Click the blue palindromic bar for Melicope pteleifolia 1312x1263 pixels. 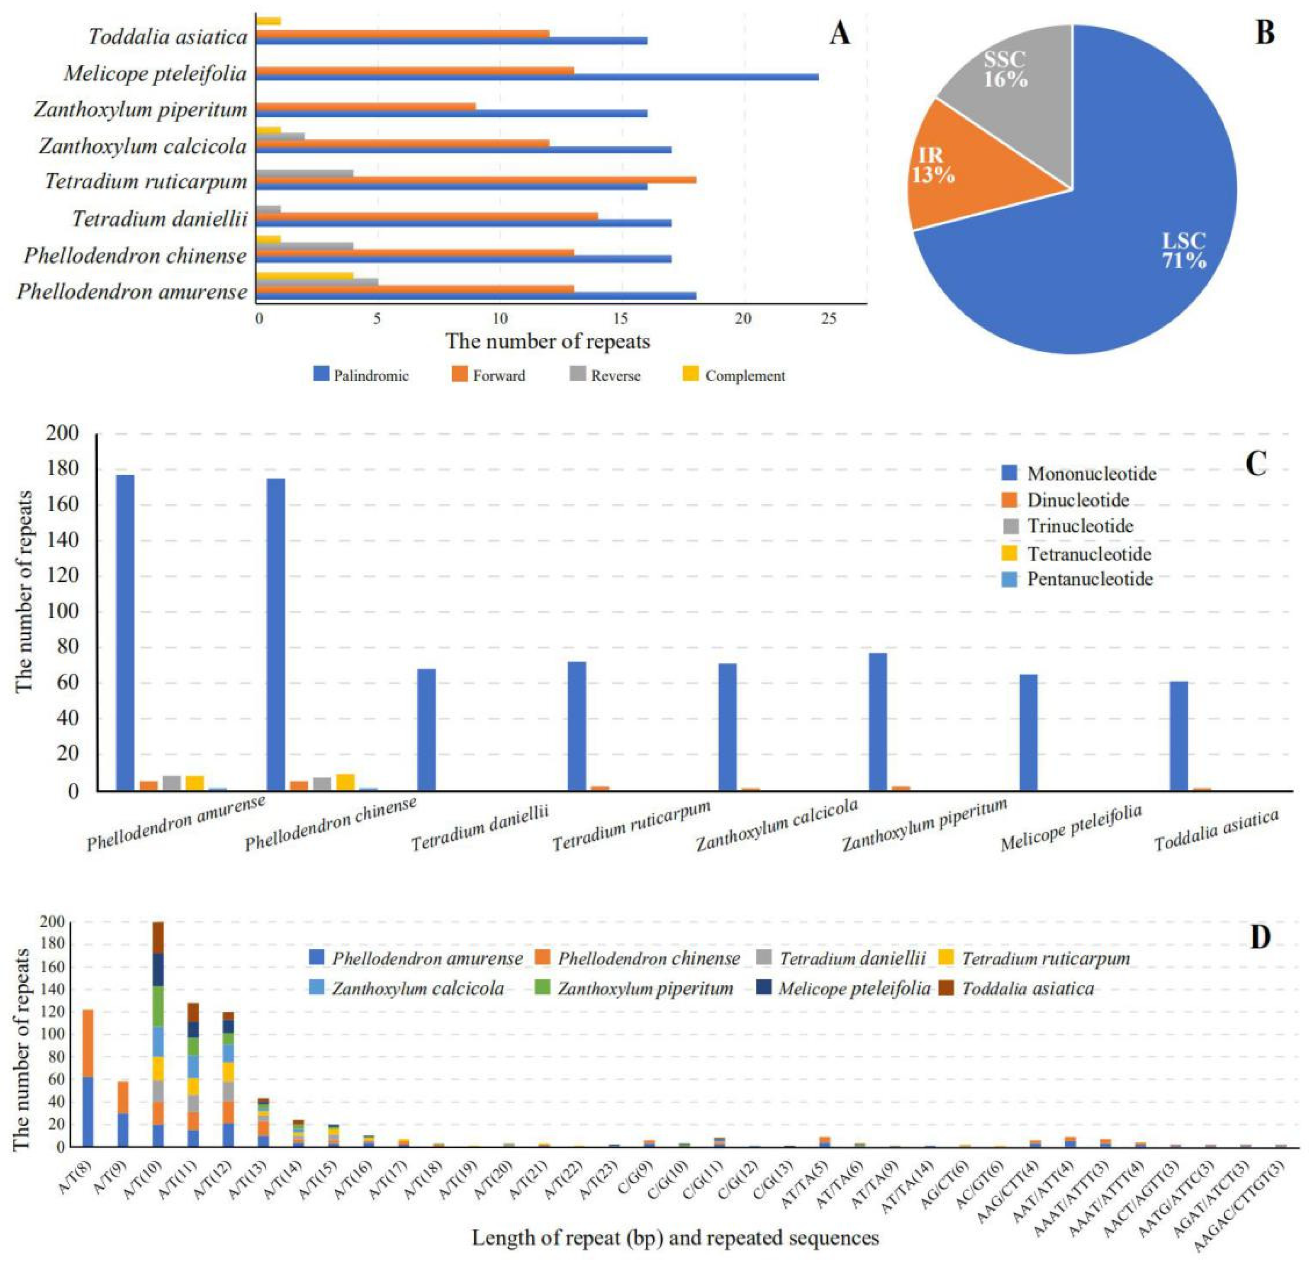coord(536,77)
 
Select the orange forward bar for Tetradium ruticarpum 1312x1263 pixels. coord(475,180)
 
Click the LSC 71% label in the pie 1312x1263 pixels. coord(1183,250)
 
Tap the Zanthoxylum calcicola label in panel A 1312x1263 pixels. coord(143,146)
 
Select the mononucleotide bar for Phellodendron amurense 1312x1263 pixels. coord(125,632)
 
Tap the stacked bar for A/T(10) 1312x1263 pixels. coord(158,1034)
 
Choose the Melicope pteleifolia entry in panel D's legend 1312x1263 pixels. coord(854,989)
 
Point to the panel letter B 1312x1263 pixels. coord(1264,34)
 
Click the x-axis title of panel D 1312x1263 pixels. coord(675,1238)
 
